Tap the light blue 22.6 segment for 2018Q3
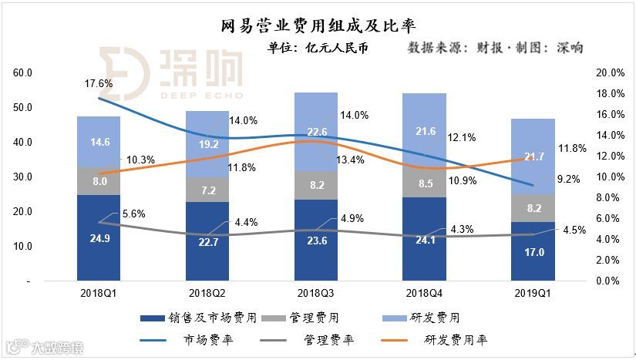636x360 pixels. [x=316, y=131]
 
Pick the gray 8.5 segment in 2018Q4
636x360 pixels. [x=424, y=184]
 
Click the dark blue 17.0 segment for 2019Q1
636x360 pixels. [x=533, y=251]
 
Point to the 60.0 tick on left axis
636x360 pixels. [x=22, y=73]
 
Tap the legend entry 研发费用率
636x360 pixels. [x=458, y=339]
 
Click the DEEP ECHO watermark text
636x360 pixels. [x=201, y=95]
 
